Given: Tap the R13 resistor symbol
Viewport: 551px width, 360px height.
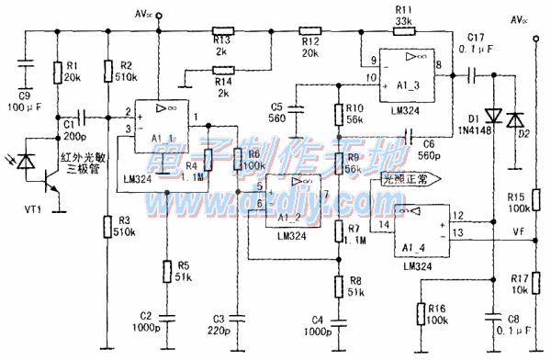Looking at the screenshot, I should (223, 29).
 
